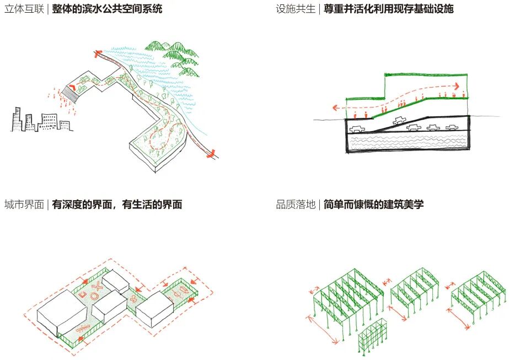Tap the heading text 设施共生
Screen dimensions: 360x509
tap(296, 9)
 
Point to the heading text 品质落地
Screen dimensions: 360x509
tap(296, 205)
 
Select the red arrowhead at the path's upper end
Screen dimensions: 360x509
tap(98, 53)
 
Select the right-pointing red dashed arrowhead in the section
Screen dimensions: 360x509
tap(456, 86)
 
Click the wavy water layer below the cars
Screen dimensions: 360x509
tap(408, 142)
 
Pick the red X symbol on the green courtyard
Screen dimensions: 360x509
tap(98, 286)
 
